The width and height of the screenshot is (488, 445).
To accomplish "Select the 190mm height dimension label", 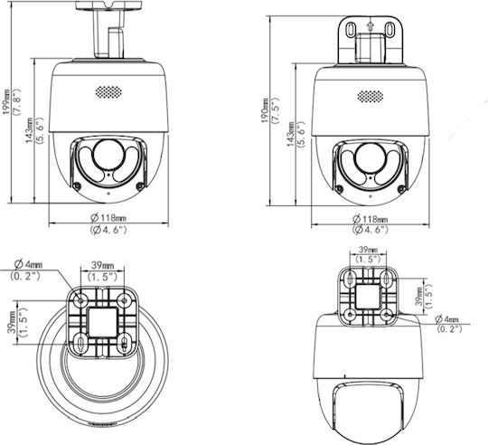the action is (x=265, y=111).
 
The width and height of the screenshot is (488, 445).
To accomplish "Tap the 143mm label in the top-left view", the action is (x=30, y=130).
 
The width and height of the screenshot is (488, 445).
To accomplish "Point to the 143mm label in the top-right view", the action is (x=291, y=135).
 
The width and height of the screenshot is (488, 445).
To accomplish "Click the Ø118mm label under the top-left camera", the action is (x=108, y=217).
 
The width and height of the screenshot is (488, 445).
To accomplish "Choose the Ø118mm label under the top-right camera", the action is (x=370, y=219).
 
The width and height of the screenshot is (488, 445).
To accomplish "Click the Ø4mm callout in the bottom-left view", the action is (x=28, y=264).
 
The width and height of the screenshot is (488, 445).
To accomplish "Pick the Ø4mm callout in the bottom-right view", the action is (x=447, y=319).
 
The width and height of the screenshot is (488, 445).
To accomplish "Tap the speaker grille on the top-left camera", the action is (x=108, y=92).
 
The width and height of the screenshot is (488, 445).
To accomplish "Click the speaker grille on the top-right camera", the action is (x=370, y=97).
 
